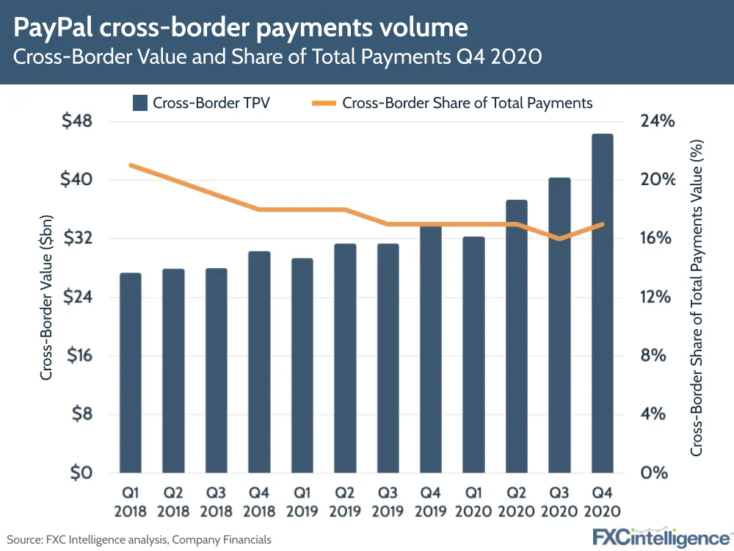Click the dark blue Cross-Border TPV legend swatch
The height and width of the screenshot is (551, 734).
(x=140, y=103)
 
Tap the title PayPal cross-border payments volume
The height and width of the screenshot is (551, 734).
(x=241, y=27)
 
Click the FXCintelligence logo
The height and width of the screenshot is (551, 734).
(x=661, y=536)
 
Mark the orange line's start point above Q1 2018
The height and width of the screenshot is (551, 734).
(x=131, y=165)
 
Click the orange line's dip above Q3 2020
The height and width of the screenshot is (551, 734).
(x=559, y=239)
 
